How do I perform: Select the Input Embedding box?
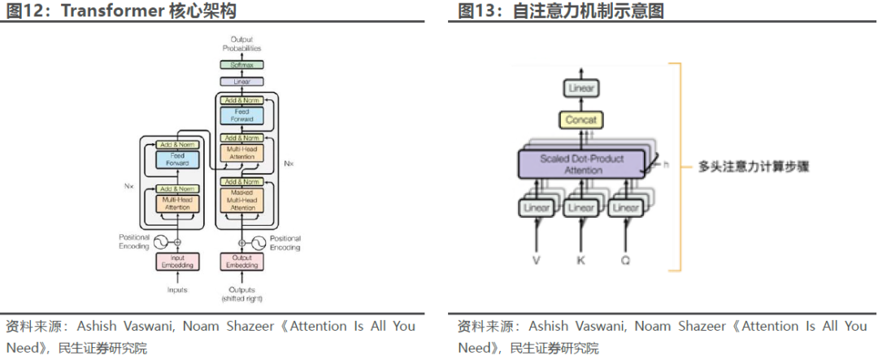[x=176, y=262]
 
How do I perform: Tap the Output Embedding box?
[x=242, y=262]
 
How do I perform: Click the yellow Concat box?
[x=580, y=120]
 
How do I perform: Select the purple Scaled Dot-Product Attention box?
[x=581, y=163]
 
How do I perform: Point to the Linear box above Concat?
[x=580, y=88]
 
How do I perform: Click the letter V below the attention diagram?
[x=536, y=260]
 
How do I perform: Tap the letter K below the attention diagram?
[x=580, y=260]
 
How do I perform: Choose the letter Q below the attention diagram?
[x=625, y=260]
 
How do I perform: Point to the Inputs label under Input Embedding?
[x=176, y=290]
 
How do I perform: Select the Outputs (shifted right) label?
[x=242, y=294]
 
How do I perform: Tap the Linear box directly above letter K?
[x=580, y=208]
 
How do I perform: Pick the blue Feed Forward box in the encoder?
[x=176, y=158]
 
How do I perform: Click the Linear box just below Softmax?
[x=242, y=82]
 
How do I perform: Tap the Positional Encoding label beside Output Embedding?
[x=285, y=243]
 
